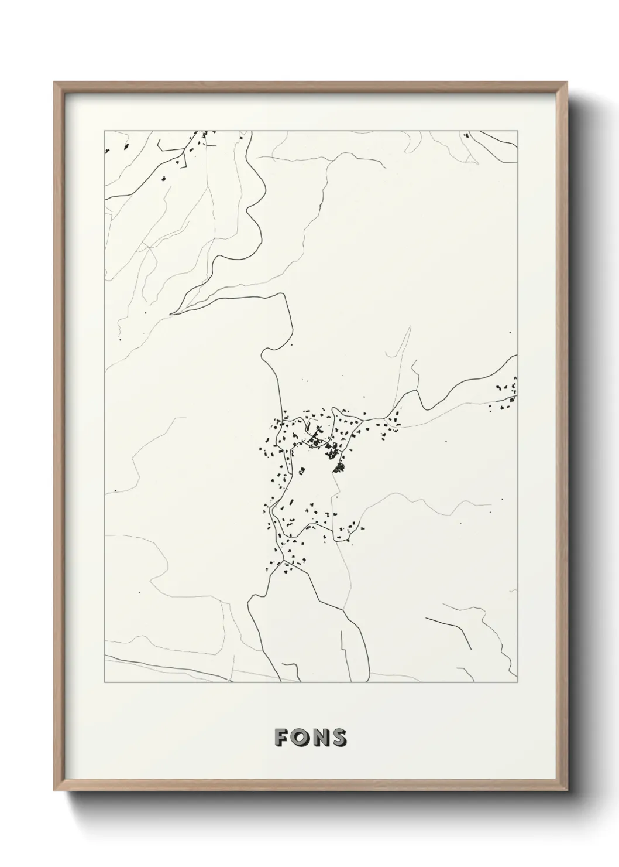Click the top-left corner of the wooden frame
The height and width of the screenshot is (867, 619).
[x=54, y=83]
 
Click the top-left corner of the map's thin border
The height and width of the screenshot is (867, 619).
[x=105, y=131]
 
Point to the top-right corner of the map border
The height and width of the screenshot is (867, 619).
[x=517, y=131]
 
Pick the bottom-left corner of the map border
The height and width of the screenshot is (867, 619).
[x=105, y=682]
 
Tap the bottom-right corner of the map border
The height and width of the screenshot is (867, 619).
[x=517, y=682]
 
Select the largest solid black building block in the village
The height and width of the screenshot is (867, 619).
[x=339, y=467]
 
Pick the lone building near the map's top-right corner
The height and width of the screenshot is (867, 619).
[x=466, y=136]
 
